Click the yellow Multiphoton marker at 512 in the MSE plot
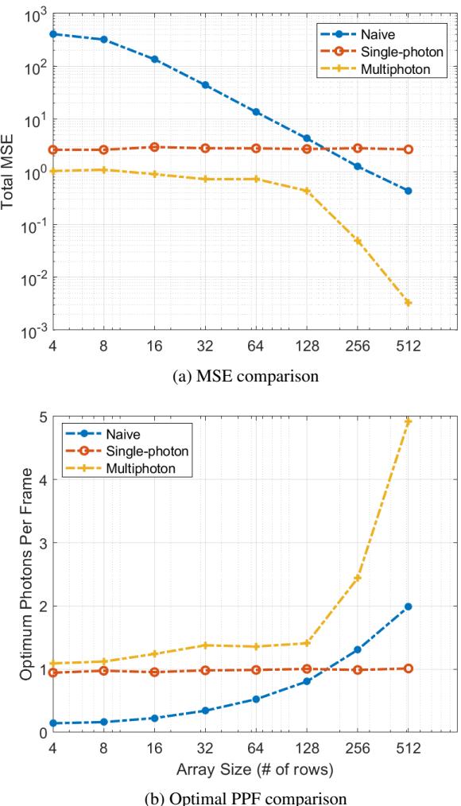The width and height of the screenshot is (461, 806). pyautogui.click(x=408, y=303)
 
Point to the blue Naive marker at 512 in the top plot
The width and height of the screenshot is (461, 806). pyautogui.click(x=408, y=191)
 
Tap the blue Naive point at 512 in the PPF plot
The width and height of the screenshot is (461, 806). pyautogui.click(x=408, y=606)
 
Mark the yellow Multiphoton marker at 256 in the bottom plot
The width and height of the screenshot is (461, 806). pyautogui.click(x=357, y=578)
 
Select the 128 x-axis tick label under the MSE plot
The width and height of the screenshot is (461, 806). pyautogui.click(x=306, y=347)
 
